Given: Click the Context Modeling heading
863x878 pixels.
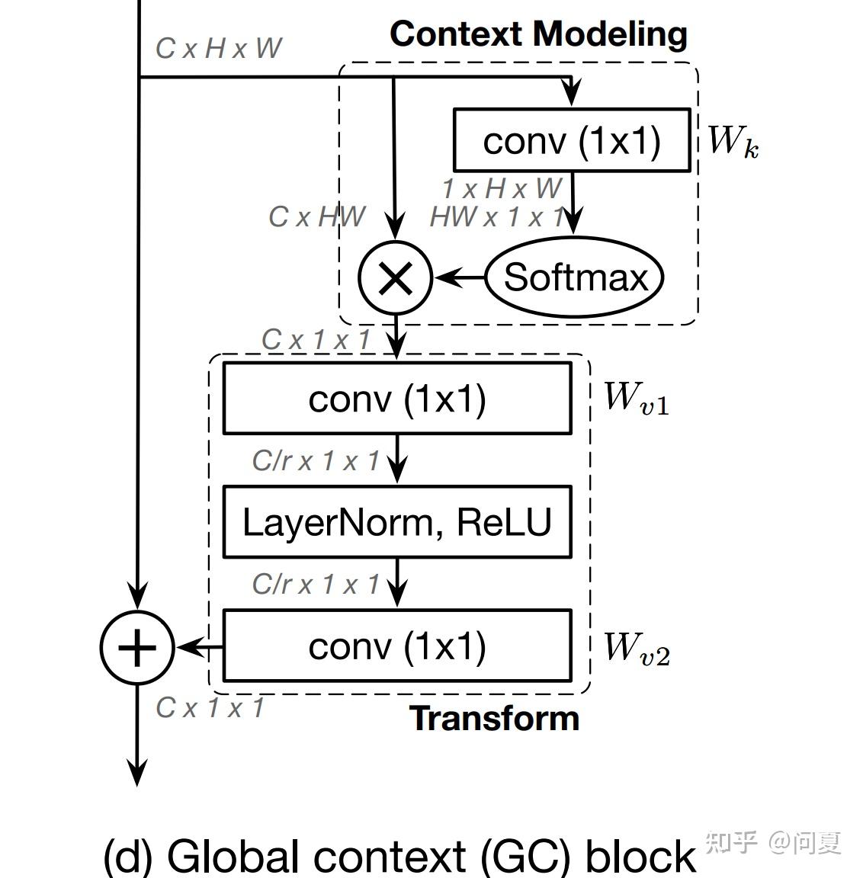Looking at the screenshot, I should [x=538, y=34].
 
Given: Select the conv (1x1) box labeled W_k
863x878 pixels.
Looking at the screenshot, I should [x=572, y=140].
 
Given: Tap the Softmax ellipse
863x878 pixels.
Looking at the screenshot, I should [x=575, y=277].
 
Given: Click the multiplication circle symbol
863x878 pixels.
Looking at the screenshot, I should [x=396, y=277].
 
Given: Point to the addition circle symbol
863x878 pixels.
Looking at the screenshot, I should [x=137, y=647].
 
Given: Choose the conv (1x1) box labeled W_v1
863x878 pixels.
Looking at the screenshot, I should [x=396, y=399].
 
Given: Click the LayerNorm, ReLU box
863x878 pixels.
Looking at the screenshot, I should [x=396, y=522].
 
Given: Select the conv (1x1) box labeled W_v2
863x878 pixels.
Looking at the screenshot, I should [x=396, y=646].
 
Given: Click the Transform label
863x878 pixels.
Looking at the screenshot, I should [x=495, y=718].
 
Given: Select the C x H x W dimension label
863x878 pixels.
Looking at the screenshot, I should [x=219, y=48].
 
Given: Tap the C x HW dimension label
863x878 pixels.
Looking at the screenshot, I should [x=316, y=217].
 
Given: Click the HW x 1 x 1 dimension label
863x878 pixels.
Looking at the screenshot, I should [x=498, y=217].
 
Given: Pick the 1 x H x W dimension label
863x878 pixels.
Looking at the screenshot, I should [x=502, y=188].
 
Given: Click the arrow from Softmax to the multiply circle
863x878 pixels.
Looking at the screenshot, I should [x=459, y=277].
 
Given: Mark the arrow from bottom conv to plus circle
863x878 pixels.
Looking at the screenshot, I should [x=199, y=648].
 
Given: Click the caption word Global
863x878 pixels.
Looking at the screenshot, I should [x=234, y=856].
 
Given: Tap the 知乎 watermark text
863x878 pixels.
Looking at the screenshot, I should [x=731, y=842].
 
